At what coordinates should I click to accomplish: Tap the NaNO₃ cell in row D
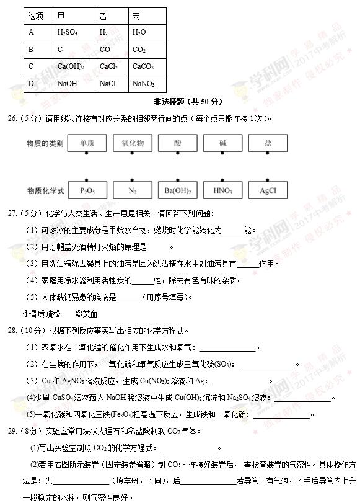pos(143,83)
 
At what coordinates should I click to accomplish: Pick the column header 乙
pos(103,16)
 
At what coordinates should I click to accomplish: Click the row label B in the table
pos(31,50)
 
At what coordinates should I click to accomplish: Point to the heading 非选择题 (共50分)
pos(187,102)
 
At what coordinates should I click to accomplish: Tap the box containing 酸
pos(177,143)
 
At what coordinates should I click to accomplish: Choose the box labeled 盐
pos(268,143)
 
